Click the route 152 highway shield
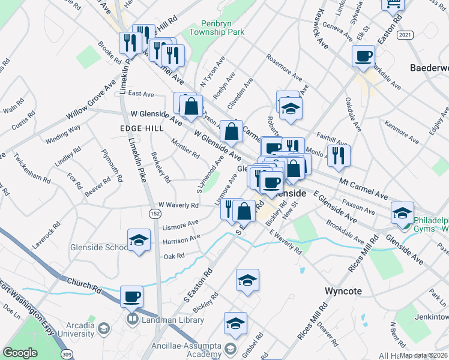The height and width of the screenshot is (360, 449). [x=155, y=213]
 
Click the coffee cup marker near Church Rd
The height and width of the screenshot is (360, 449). [x=132, y=296]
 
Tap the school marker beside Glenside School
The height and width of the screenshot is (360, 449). [x=139, y=241]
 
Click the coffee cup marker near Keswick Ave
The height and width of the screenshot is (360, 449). [x=363, y=56]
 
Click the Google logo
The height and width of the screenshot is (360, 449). [x=20, y=353]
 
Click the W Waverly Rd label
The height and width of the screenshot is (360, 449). [x=178, y=205]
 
